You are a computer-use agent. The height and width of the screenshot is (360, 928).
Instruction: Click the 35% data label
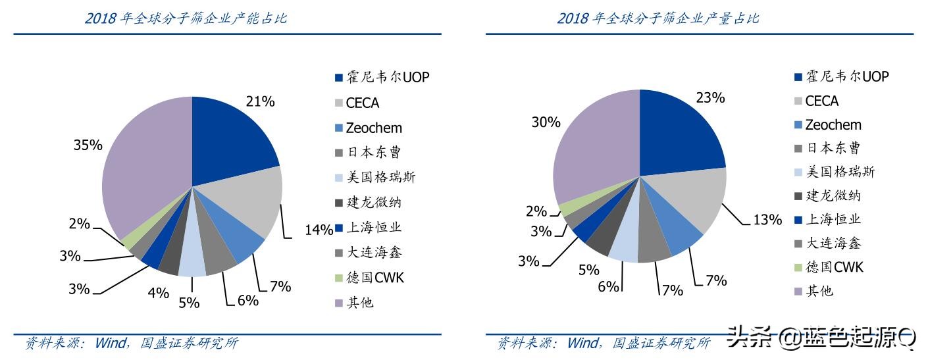click(88, 145)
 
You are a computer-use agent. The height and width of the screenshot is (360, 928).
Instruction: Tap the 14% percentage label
click(319, 230)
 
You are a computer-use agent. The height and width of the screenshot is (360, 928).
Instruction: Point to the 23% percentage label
click(710, 98)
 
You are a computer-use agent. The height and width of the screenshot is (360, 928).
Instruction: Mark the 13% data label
click(767, 220)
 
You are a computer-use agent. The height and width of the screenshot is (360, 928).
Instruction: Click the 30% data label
click(546, 122)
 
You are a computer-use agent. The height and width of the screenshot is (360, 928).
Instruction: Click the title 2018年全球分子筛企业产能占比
click(186, 18)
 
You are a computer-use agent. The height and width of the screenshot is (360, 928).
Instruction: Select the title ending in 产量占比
click(658, 18)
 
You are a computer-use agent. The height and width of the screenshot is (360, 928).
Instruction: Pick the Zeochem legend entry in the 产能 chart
click(373, 128)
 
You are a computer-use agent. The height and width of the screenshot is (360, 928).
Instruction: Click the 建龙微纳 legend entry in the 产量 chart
click(833, 195)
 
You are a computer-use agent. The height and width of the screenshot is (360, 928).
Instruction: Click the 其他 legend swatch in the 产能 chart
click(339, 303)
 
